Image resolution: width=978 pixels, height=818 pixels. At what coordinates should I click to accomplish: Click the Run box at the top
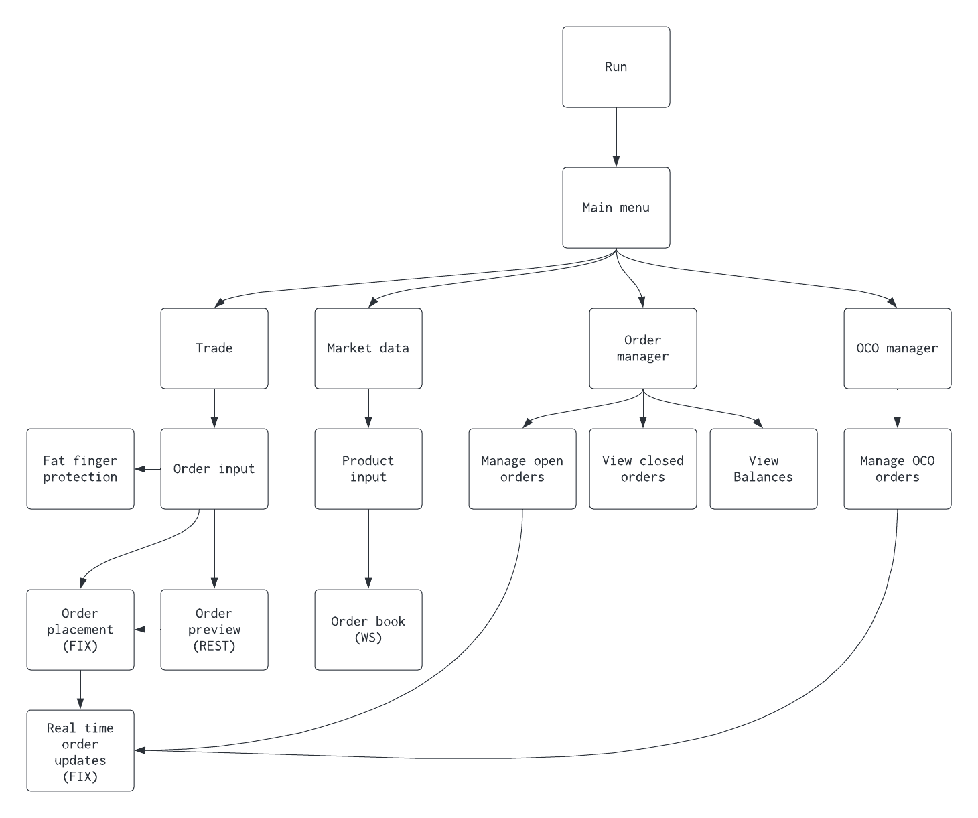[x=616, y=67]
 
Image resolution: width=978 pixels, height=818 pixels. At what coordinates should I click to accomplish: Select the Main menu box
[x=616, y=208]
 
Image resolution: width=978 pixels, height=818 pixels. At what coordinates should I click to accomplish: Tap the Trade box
[x=214, y=348]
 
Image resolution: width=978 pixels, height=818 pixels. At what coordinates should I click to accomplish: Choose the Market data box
[x=368, y=348]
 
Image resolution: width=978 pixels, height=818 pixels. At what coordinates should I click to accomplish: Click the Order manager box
[x=642, y=348]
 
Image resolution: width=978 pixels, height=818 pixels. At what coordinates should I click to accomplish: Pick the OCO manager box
[x=897, y=348]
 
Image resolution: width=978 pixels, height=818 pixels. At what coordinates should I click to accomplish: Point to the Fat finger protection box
[x=80, y=469]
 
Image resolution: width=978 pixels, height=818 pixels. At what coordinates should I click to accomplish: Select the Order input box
[x=214, y=469]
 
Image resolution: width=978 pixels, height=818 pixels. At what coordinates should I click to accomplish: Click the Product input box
[x=368, y=469]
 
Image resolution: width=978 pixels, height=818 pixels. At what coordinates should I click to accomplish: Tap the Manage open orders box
[x=522, y=469]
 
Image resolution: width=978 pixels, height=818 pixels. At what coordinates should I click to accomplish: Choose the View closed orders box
[x=642, y=469]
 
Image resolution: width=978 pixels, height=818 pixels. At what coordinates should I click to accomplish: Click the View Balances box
[x=763, y=469]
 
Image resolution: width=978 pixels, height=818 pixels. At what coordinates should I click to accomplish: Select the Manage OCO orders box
[x=897, y=469]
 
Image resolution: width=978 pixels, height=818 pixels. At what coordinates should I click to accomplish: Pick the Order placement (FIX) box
[x=80, y=630]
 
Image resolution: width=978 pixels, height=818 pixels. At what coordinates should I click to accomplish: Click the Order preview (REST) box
[x=214, y=630]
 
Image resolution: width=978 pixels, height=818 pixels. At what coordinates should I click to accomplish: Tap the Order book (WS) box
[x=368, y=630]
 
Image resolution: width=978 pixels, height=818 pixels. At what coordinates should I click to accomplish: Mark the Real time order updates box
[x=80, y=750]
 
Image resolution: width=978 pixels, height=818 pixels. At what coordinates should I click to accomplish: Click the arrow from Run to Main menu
[x=616, y=137]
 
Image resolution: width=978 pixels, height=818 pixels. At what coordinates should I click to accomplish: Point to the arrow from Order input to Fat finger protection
[x=148, y=469]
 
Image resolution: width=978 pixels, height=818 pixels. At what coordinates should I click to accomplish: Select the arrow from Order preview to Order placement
[x=148, y=630]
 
